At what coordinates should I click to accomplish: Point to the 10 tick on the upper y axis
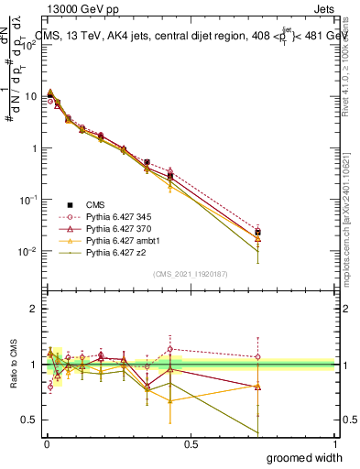[x=31, y=96]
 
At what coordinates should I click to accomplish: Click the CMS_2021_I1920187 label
[x=190, y=274]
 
